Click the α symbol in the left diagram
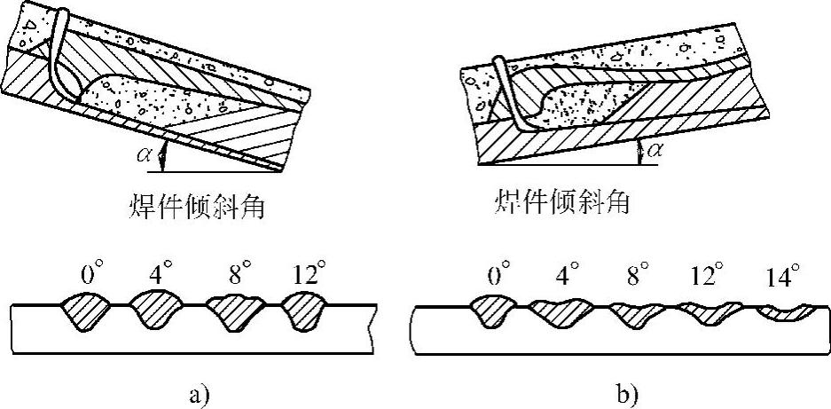146,156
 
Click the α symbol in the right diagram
656,151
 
